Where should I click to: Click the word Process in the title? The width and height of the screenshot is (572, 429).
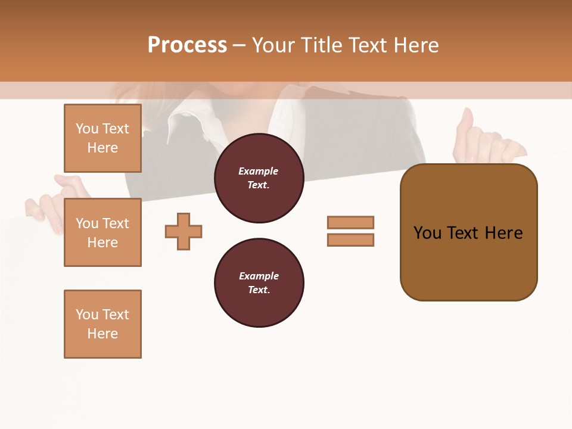click(x=187, y=45)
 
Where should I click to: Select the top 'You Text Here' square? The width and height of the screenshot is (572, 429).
click(x=102, y=138)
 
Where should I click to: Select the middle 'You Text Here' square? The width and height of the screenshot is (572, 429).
click(x=102, y=232)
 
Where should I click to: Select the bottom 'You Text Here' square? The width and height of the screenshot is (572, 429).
click(x=102, y=324)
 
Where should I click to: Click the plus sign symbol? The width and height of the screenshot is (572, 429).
click(x=184, y=231)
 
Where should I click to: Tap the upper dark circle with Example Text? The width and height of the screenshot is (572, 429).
click(x=259, y=178)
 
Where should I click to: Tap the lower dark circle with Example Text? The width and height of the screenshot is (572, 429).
click(x=259, y=283)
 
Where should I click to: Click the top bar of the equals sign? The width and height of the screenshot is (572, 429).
click(x=350, y=222)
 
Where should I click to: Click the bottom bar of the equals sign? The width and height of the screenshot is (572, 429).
click(x=350, y=240)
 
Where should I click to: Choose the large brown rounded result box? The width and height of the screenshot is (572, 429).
click(x=468, y=232)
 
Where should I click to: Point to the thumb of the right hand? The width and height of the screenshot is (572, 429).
click(x=465, y=125)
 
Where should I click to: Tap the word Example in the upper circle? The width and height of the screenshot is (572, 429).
click(x=259, y=171)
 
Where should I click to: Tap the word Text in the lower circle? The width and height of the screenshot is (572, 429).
click(x=259, y=290)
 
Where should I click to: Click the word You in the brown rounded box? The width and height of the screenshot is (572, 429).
click(x=427, y=233)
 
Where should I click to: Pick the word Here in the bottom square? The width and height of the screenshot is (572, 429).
click(x=102, y=334)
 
